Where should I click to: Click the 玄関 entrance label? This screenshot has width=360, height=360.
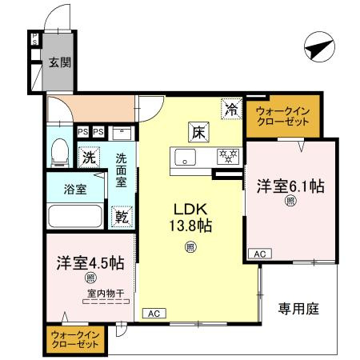(x=54, y=63)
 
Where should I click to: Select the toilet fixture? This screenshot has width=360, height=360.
(x=59, y=151)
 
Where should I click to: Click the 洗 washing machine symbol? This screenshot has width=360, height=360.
(x=89, y=158)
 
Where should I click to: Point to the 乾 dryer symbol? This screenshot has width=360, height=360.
(x=122, y=216)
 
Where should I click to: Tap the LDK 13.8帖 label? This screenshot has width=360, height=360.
(x=189, y=217)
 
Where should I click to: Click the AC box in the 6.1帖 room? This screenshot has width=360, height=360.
(x=259, y=254)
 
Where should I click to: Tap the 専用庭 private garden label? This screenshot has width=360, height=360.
(x=299, y=308)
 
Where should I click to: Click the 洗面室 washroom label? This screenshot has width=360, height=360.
(x=122, y=170)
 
